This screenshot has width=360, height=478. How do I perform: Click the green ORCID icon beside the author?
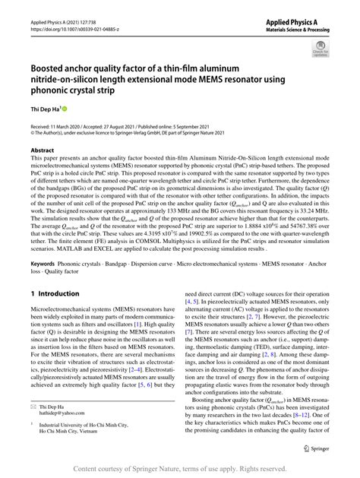64,110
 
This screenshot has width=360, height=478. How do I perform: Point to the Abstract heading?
43,150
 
